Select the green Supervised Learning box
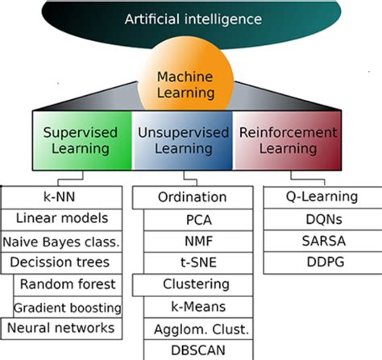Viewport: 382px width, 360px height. [81, 140]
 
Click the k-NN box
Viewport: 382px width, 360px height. [62, 197]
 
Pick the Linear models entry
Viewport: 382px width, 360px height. [62, 218]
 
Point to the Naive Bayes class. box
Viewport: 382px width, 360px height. [62, 240]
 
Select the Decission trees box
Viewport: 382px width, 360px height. [62, 262]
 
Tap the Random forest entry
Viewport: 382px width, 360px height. [69, 283]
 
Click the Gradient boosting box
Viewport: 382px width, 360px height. [69, 306]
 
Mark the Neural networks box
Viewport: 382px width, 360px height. [62, 328]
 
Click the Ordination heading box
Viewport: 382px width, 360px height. [190, 197]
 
